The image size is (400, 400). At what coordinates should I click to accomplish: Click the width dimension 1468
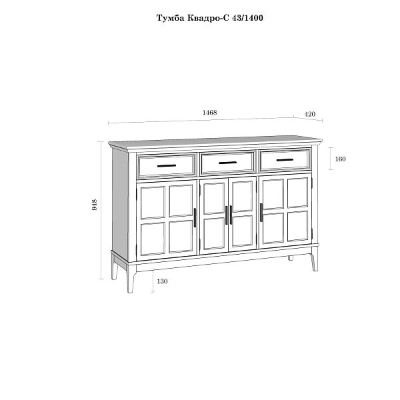210,113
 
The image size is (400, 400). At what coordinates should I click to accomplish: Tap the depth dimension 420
310,114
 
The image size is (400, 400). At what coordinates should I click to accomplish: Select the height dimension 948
94,205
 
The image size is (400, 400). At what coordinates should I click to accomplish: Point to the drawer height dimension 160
340,159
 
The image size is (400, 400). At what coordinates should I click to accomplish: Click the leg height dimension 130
162,281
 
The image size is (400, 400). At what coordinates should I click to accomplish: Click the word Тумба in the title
170,18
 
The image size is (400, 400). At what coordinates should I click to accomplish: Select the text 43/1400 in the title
247,18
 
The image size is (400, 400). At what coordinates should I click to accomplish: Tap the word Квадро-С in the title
209,18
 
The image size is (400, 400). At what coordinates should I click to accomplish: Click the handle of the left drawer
167,166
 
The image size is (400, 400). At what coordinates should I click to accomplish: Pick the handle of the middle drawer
228,163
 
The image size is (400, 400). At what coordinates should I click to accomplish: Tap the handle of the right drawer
285,160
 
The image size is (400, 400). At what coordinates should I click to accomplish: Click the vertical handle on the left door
195,217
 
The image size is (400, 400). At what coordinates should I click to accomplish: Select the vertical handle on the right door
261,213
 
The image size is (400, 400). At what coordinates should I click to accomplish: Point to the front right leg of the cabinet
314,263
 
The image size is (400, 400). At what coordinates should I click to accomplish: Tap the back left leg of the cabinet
115,271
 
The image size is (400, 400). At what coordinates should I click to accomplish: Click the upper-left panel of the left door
153,203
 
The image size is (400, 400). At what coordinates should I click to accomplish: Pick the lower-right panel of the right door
297,226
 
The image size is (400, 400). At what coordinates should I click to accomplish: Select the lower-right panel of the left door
181,237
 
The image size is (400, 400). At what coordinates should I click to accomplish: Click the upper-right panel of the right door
297,193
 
